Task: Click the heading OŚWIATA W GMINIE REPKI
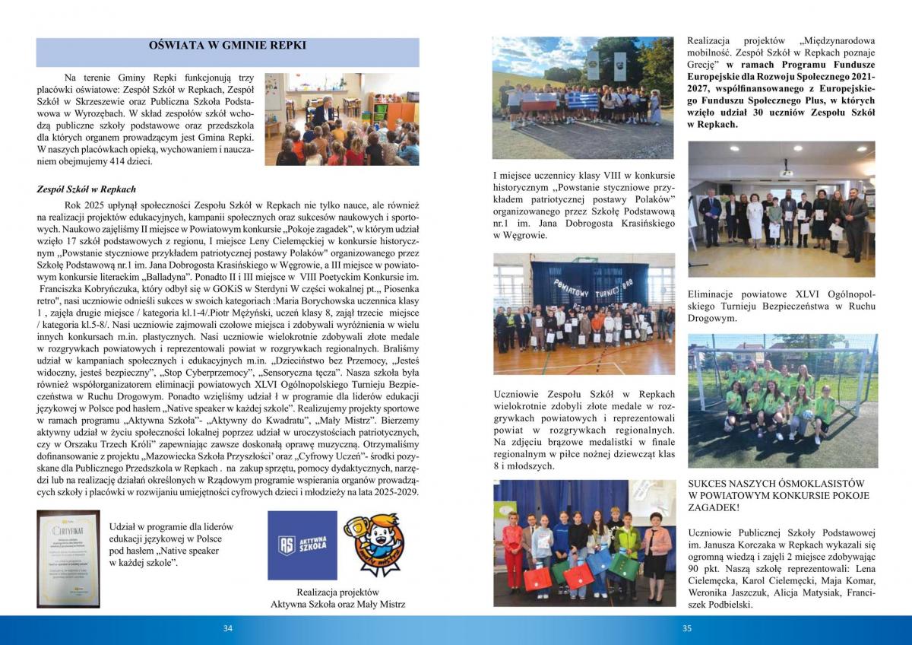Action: coord(228,46)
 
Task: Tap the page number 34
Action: coord(227,628)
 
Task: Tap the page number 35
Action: coord(687,628)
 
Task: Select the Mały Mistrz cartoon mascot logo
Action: coord(372,545)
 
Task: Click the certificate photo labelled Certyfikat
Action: coord(68,558)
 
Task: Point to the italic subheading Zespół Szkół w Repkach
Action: coord(86,189)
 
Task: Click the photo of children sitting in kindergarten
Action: coord(341,119)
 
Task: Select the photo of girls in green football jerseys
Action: coord(782,401)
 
